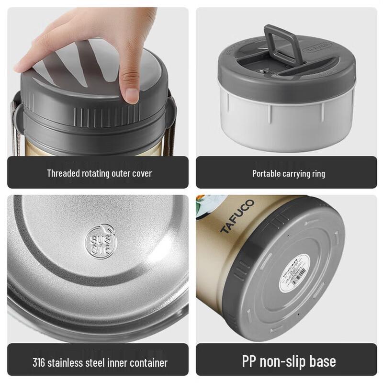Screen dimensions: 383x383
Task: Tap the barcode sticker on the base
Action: pos(293,275)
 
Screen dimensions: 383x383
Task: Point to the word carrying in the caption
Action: pos(295,173)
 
